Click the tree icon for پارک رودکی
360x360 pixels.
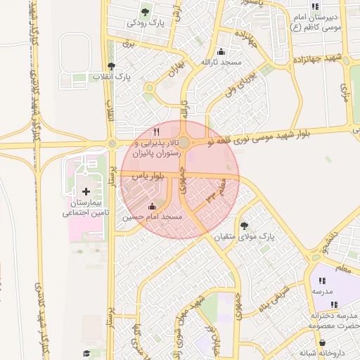146,12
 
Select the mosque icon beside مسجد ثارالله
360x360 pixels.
222,51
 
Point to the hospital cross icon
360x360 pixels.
86,191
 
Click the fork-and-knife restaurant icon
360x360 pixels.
156,131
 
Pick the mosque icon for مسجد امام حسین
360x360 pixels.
153,206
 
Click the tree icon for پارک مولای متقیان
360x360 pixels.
244,226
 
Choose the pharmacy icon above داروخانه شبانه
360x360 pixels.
323,342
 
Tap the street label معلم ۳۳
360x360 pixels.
214,193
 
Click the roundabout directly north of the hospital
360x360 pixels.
112,144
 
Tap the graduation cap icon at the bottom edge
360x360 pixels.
86,354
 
